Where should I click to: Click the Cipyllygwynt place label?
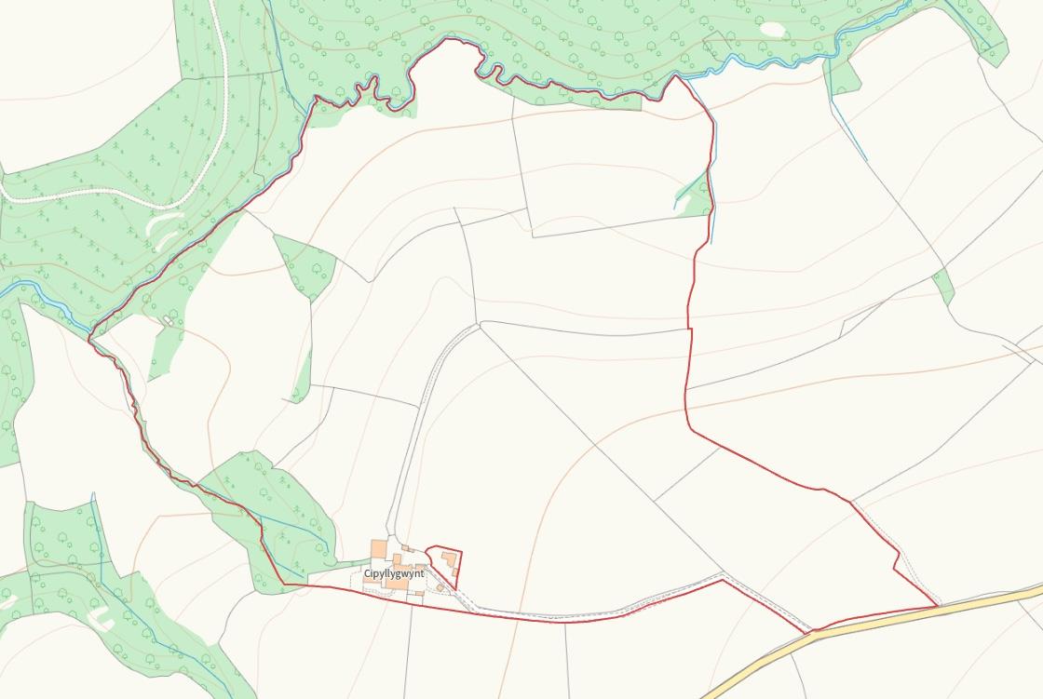[x=394, y=573]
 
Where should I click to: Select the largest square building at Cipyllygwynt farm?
[x=379, y=549]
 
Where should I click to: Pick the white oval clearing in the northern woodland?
[x=772, y=29]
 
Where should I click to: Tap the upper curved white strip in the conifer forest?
[x=162, y=220]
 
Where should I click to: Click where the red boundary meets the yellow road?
[x=936, y=607]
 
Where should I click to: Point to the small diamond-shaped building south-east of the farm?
[x=440, y=587]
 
